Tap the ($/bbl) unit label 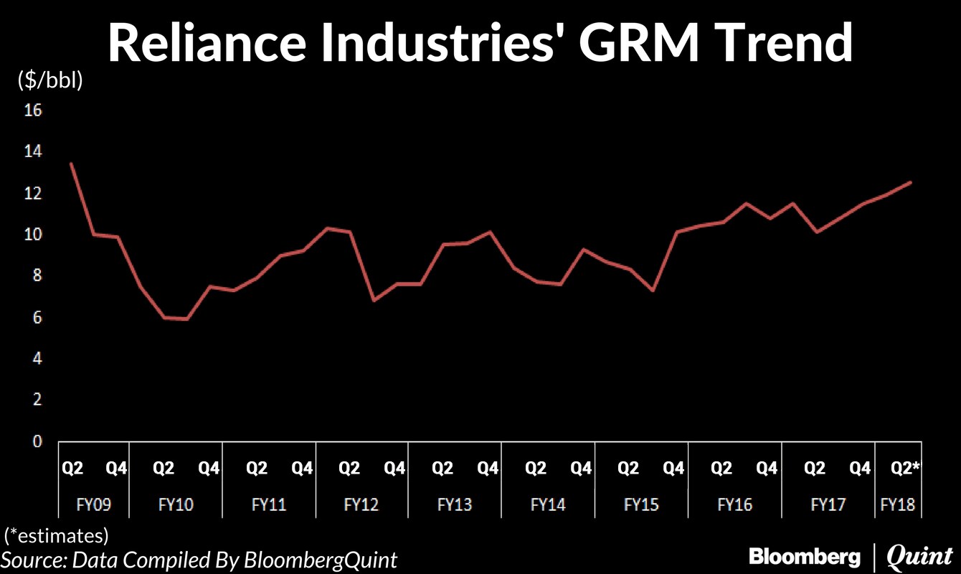[49, 81]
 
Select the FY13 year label [455, 504]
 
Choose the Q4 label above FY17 [860, 469]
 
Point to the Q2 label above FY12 [349, 469]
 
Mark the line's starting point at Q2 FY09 [70, 164]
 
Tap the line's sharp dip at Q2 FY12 [373, 300]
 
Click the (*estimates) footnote [57, 535]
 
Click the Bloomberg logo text [805, 556]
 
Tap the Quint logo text [919, 556]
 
